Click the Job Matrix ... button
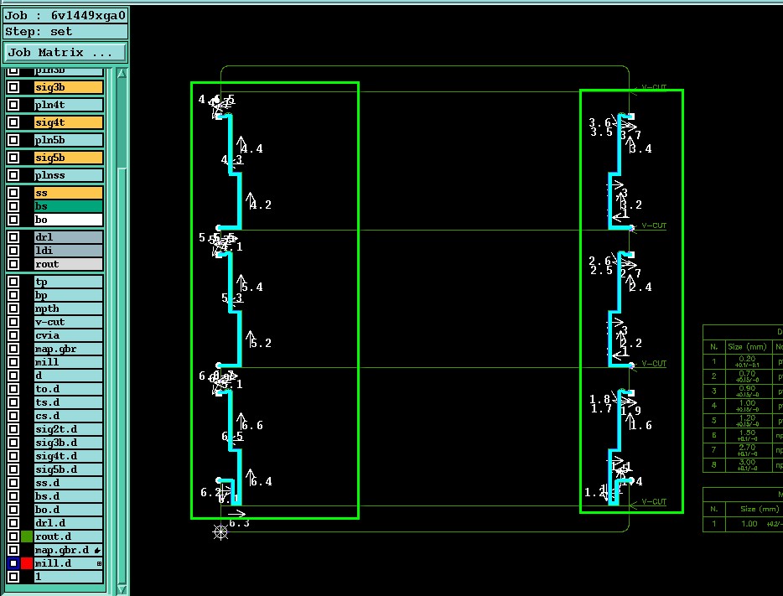(x=65, y=52)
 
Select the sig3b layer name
(x=68, y=87)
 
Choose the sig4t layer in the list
(x=68, y=122)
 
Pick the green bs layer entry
(x=68, y=206)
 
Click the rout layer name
(x=68, y=264)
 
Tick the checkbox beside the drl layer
(x=13, y=237)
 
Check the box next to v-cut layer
(x=13, y=322)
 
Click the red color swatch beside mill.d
(x=28, y=563)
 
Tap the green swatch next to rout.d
(x=28, y=536)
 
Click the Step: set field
(x=65, y=32)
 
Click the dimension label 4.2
(x=261, y=205)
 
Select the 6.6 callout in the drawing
(x=252, y=426)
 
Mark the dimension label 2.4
(x=640, y=288)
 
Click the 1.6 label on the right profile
(x=640, y=426)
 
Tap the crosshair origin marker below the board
(x=220, y=531)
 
